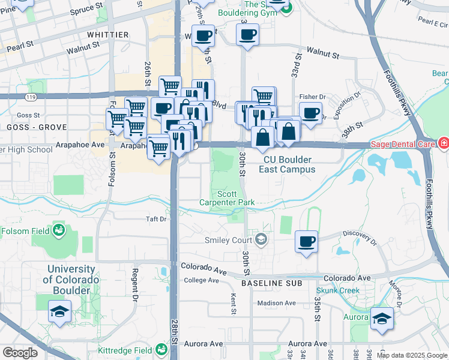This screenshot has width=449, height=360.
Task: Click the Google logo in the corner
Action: point(20,353)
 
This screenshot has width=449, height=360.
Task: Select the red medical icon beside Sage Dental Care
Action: point(443,143)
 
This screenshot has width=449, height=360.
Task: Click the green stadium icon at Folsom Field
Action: point(59,230)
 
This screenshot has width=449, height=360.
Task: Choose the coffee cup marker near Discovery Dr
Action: point(307,242)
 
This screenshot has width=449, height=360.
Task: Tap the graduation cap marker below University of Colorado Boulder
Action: point(59,312)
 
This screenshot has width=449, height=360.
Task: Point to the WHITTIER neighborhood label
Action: point(108,35)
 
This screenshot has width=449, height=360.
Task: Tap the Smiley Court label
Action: point(228,240)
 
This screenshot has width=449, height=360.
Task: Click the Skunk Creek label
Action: point(337,291)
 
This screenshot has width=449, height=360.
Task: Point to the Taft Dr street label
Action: point(156,220)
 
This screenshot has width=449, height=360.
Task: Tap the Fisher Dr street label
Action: point(312,97)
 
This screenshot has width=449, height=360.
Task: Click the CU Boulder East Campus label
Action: point(287,164)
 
